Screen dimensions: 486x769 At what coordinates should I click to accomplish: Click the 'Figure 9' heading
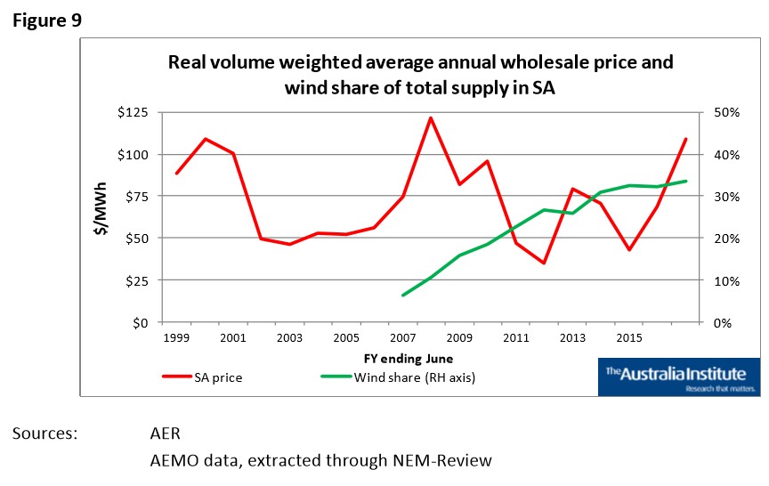[46, 20]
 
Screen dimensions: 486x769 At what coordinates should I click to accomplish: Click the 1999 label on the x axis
[176, 339]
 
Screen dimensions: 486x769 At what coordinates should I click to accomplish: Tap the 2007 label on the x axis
[403, 339]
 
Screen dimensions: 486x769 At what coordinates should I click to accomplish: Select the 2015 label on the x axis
[629, 339]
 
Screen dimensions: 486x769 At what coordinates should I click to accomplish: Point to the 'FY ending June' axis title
[408, 359]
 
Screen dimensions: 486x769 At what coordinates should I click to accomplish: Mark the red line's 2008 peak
[431, 117]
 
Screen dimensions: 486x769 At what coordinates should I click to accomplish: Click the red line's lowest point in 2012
[544, 263]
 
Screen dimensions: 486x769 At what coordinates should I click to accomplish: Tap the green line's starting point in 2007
[403, 295]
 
